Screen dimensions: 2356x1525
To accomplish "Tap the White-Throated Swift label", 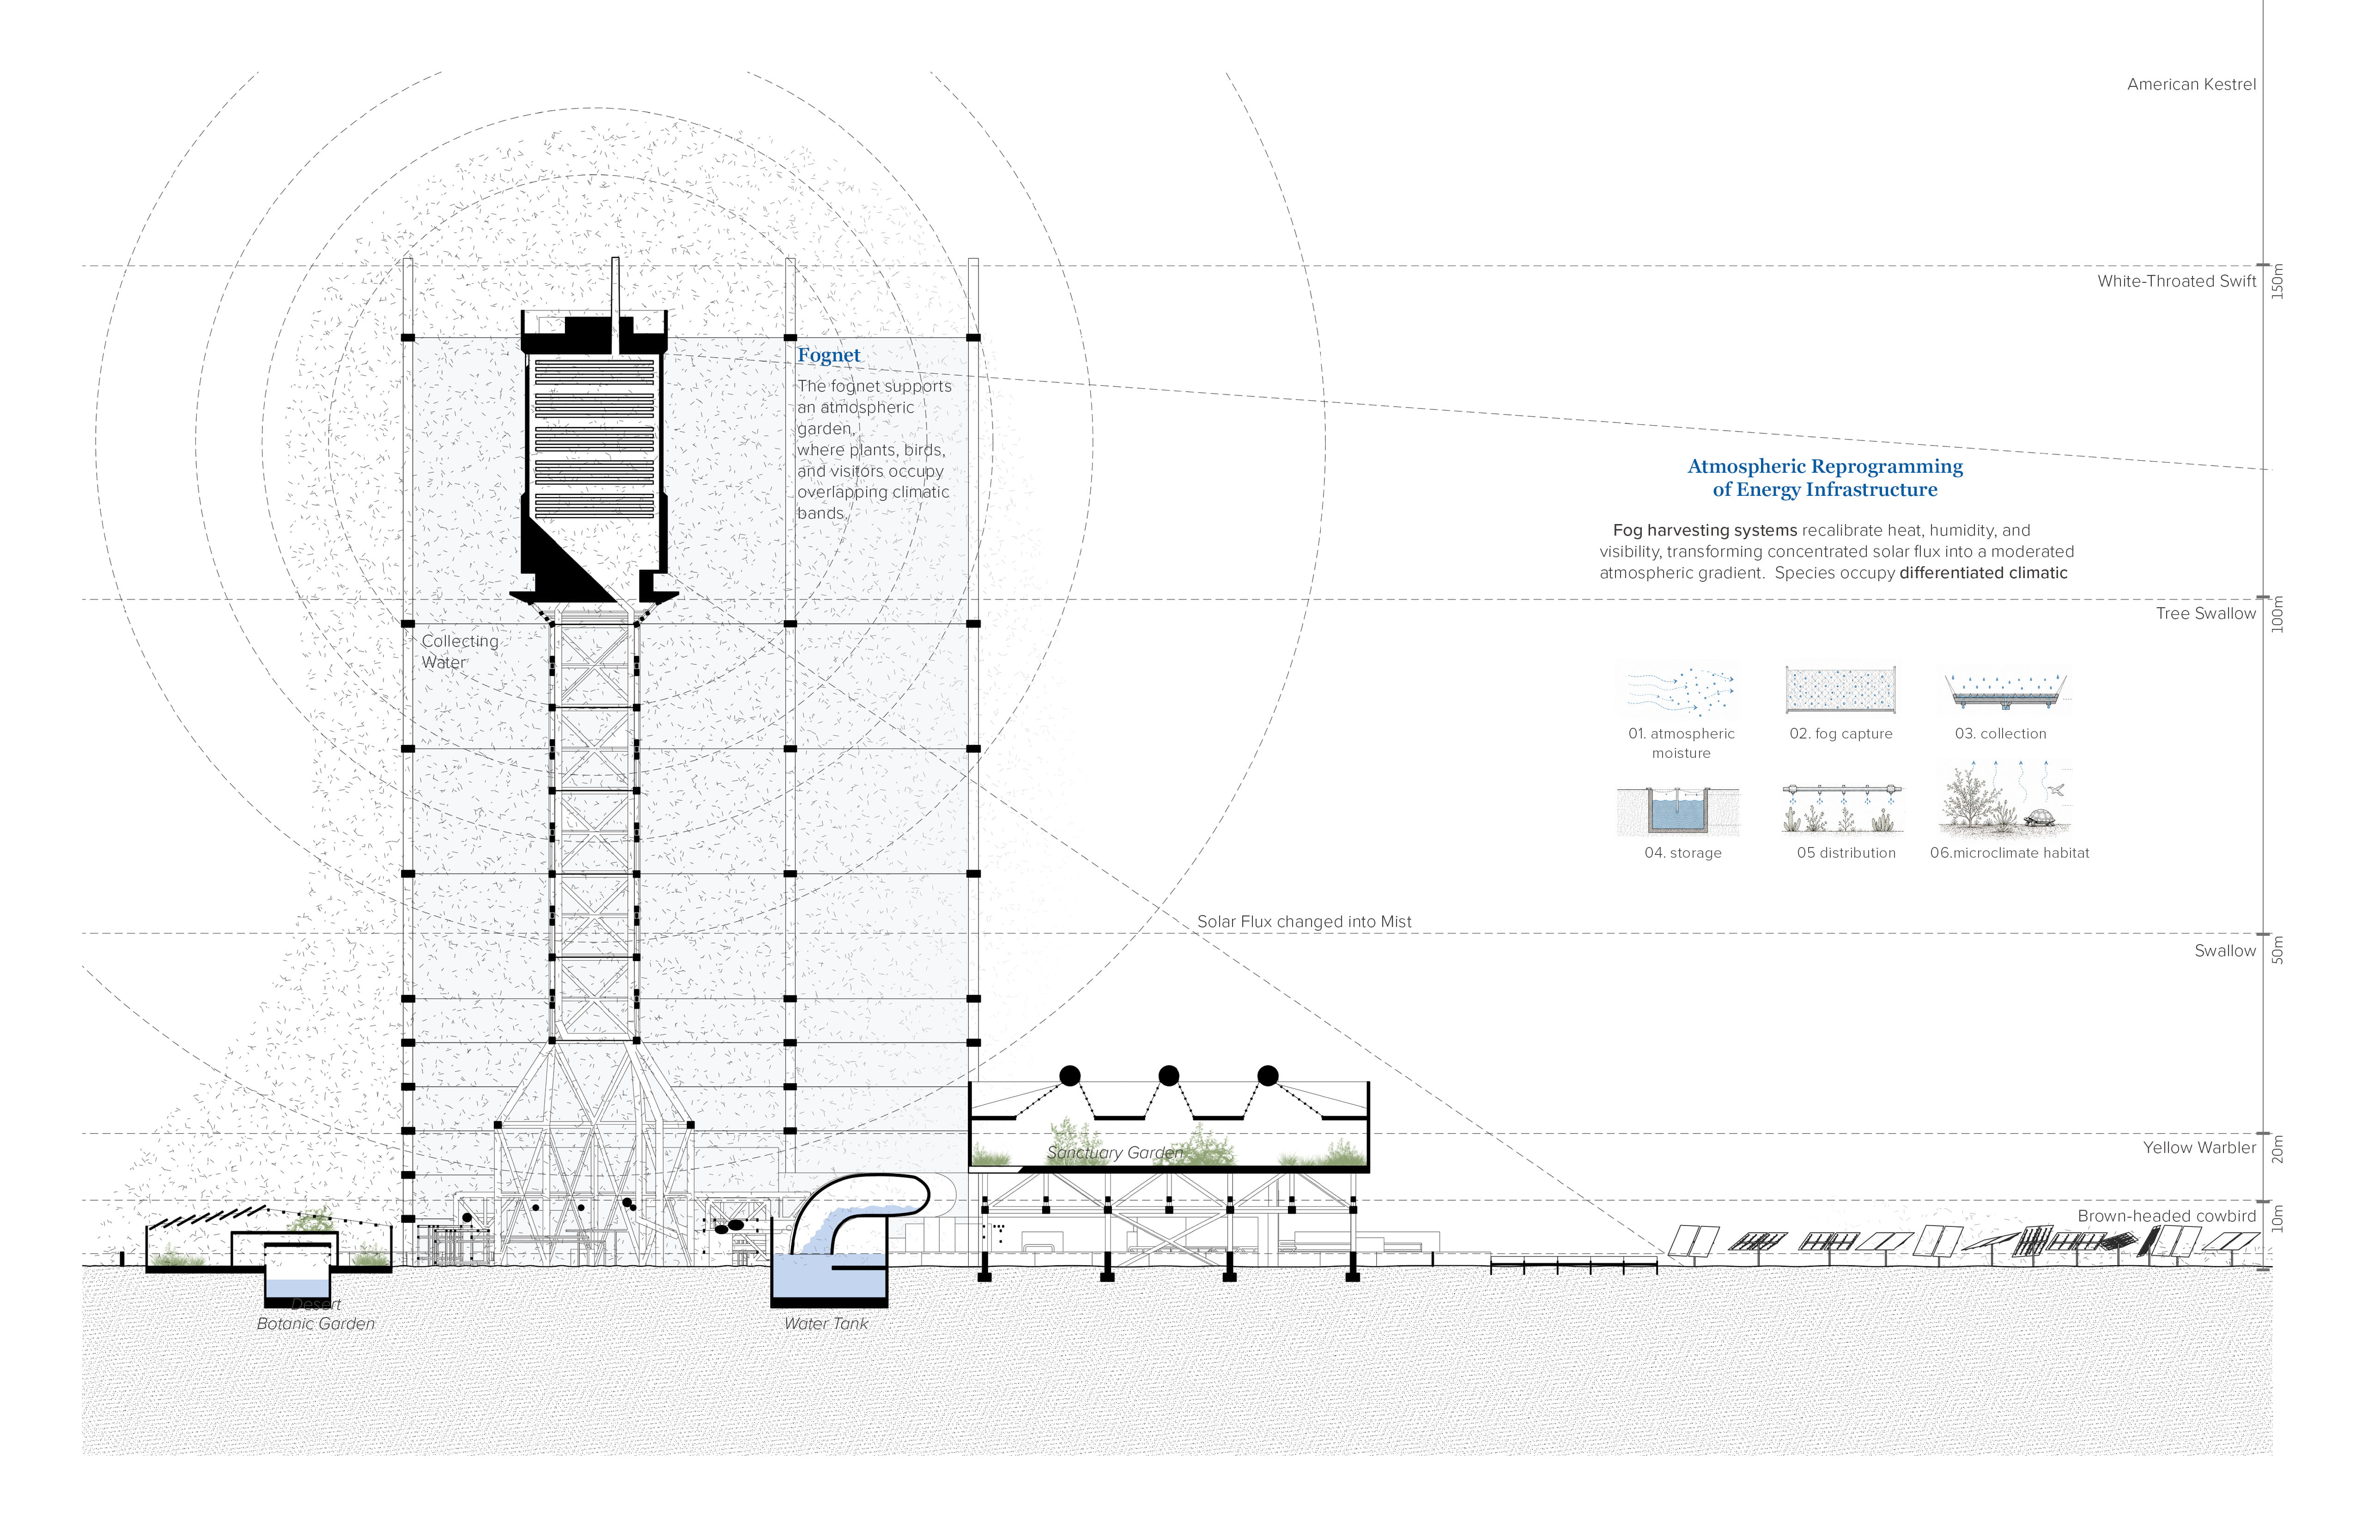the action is coord(2177,281).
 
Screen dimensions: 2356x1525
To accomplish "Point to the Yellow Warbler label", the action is coord(2199,1148).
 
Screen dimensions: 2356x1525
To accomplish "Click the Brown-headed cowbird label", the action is coord(2167,1216).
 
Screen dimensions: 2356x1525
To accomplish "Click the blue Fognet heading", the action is coord(829,355).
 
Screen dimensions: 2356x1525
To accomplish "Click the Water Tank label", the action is coord(826,1324).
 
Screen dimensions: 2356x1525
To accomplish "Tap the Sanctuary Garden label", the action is coord(1115,1153).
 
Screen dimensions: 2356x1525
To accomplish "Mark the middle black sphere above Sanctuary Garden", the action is coord(1168,1075).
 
